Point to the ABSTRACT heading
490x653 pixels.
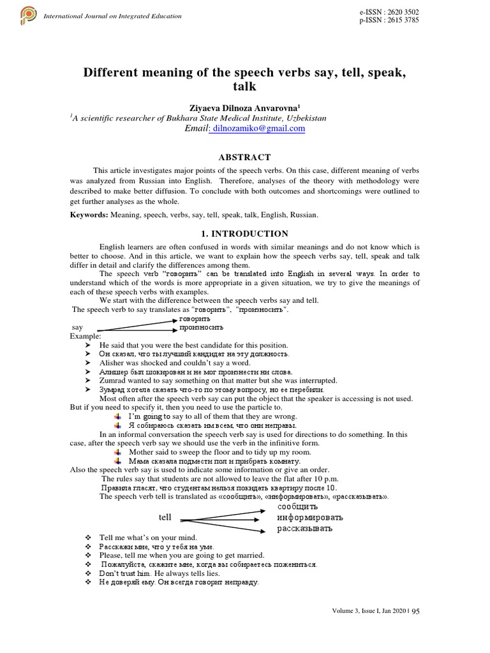(x=244, y=157)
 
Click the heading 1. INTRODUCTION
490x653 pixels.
(x=244, y=234)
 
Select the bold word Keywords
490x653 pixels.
(x=89, y=215)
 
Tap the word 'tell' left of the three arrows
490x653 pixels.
(x=165, y=517)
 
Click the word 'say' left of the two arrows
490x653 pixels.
(x=77, y=326)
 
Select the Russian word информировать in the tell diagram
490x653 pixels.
(x=309, y=517)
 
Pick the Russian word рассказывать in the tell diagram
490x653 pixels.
(x=305, y=529)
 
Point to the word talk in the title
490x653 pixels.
(x=244, y=87)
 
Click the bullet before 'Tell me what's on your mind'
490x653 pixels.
(x=88, y=538)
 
